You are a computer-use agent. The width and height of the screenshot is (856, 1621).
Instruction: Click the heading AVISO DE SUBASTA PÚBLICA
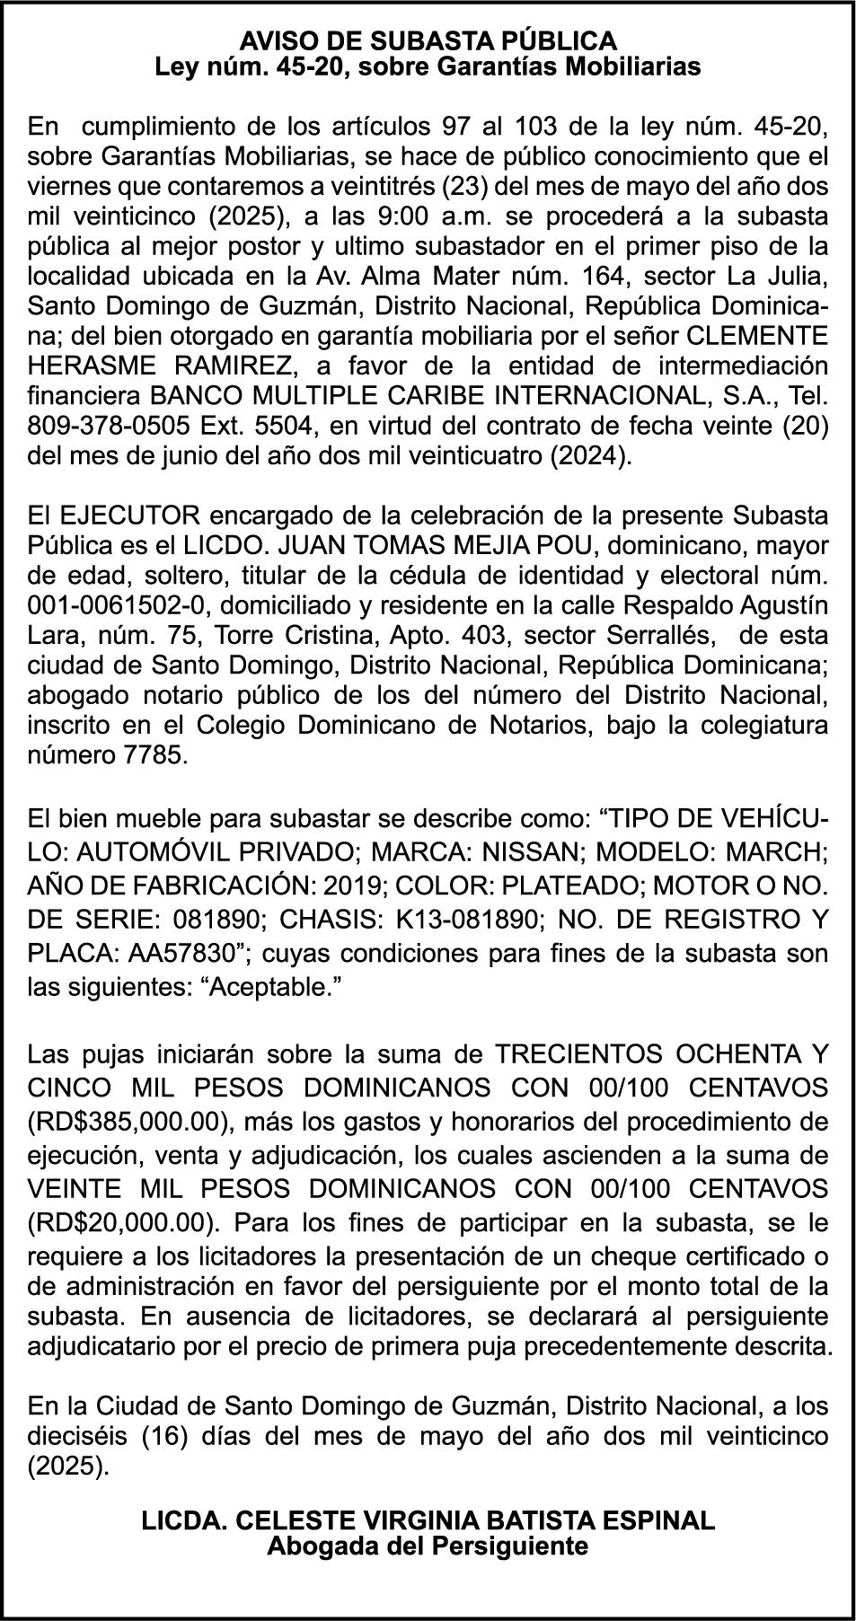pyautogui.click(x=428, y=40)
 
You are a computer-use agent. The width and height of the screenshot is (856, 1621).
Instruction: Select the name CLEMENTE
pyautogui.click(x=757, y=335)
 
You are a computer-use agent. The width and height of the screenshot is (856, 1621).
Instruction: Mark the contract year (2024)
pyautogui.click(x=589, y=454)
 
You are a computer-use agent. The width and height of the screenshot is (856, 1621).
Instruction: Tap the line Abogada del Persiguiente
pyautogui.click(x=428, y=1546)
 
